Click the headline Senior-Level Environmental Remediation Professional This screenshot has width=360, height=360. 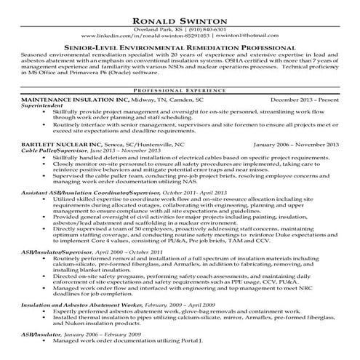pyautogui.click(x=180, y=46)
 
